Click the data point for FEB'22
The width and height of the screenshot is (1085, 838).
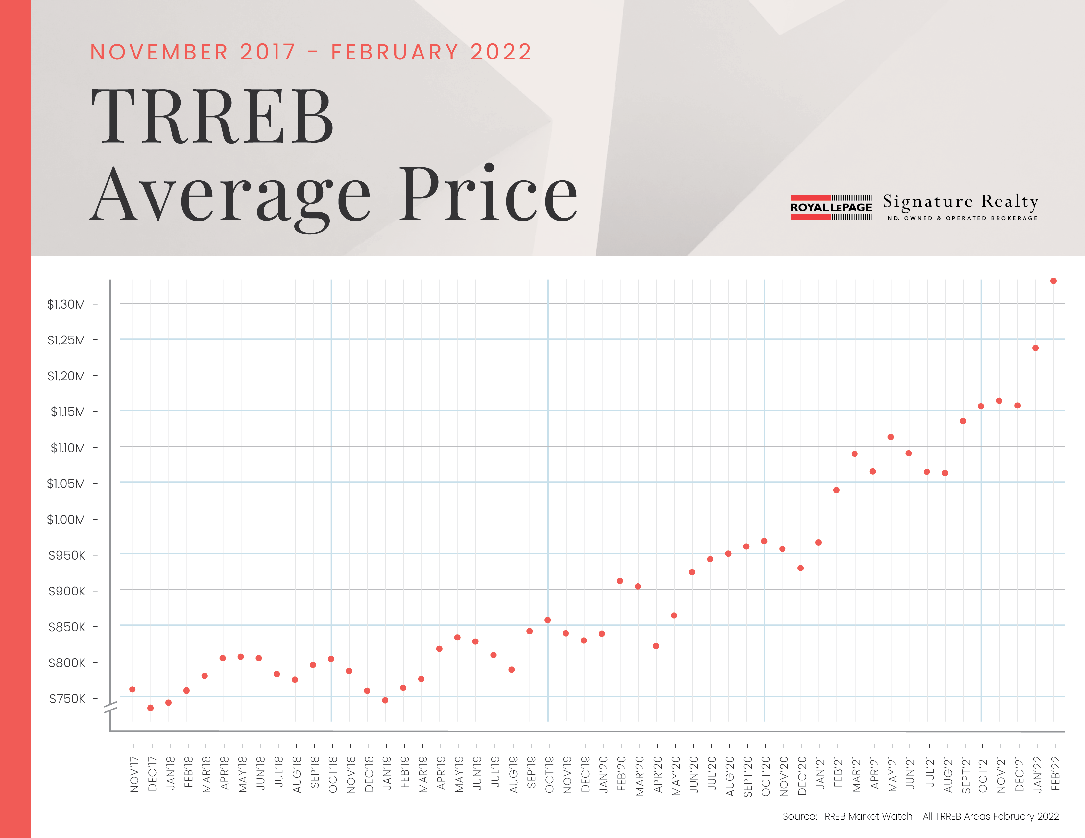(x=1053, y=281)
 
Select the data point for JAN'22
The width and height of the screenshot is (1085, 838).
(x=1035, y=348)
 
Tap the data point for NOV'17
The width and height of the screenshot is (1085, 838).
(x=132, y=689)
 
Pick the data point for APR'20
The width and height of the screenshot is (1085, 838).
(x=656, y=646)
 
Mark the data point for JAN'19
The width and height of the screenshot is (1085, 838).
(x=385, y=701)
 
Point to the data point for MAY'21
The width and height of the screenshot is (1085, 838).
(x=891, y=437)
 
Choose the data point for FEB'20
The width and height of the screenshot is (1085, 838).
(x=619, y=581)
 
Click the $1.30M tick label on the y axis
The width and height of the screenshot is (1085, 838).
(x=66, y=304)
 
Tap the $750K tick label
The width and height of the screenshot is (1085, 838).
(x=67, y=699)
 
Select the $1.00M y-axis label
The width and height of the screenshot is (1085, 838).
(x=66, y=520)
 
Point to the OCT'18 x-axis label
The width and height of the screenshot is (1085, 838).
(x=333, y=775)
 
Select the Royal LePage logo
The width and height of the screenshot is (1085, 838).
(x=831, y=207)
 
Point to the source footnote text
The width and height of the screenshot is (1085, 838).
(x=921, y=816)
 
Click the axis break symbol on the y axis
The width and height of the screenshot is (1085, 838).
(x=110, y=708)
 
